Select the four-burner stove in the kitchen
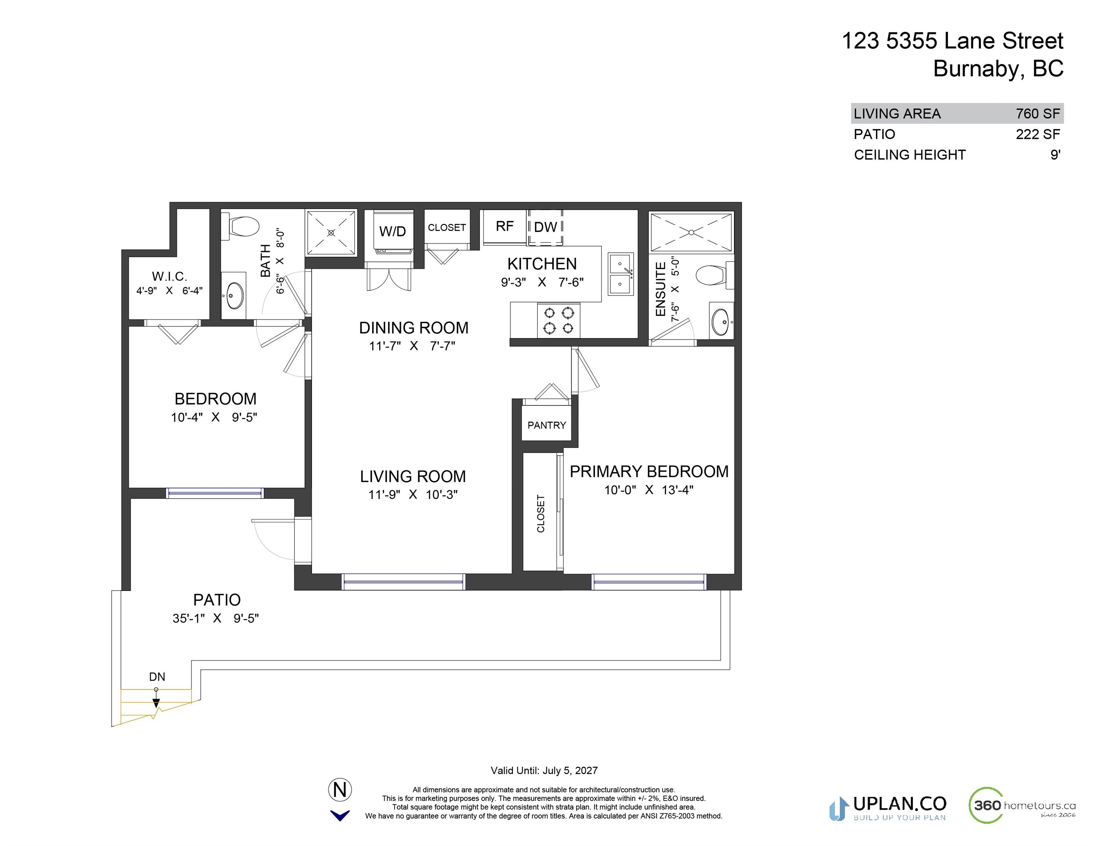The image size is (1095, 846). pos(559,320)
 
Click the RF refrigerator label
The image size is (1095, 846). pos(504,227)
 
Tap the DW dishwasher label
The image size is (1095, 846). pos(545,227)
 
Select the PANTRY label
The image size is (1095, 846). pos(547,425)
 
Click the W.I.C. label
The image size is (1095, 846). pos(169,276)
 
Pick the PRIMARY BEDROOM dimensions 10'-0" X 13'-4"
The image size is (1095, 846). pos(649,490)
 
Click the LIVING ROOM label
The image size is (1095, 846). pos(413,476)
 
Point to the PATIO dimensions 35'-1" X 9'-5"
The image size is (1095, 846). pos(216,618)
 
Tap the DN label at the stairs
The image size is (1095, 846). pos(157,677)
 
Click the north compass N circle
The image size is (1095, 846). pos(340,790)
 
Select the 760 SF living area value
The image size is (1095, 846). pos(1038,114)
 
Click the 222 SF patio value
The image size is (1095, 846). pos(1038,134)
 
